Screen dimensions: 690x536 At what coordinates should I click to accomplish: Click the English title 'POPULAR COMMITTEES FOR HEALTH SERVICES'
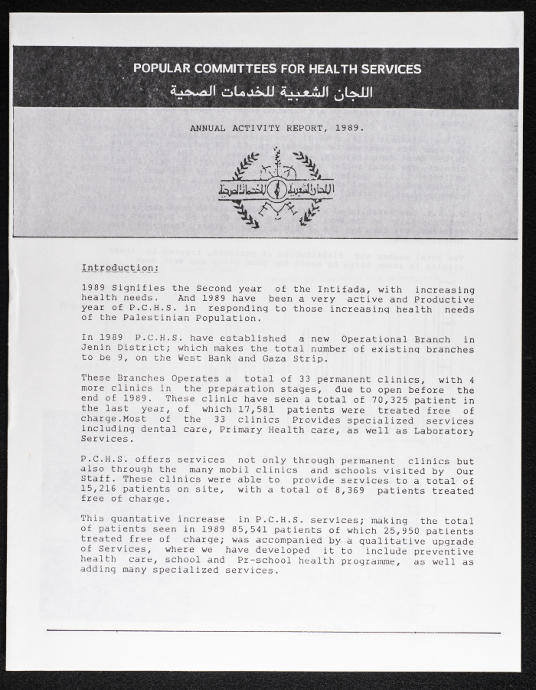[276, 68]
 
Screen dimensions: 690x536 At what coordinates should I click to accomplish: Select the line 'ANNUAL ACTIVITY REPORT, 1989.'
[277, 128]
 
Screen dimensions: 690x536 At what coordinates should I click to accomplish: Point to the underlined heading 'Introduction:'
[120, 268]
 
